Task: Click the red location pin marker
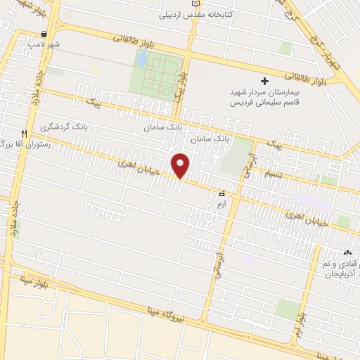(x=181, y=165)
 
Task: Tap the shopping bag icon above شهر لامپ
(x=45, y=33)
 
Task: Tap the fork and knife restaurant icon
(x=24, y=134)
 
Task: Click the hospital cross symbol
(x=264, y=80)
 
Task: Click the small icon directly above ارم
(x=222, y=192)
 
